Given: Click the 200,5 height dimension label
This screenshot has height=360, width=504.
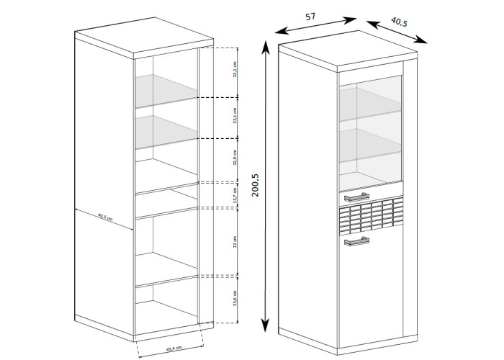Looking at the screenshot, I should (x=256, y=185).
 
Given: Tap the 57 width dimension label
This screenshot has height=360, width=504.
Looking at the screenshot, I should (x=310, y=17).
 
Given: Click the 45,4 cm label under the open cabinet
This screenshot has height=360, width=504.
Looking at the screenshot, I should (x=173, y=349).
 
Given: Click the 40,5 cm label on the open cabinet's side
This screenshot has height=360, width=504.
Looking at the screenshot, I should (x=107, y=218).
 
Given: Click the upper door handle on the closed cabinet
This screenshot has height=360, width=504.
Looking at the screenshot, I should (x=356, y=197).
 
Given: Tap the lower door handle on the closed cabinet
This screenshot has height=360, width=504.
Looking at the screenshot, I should (x=356, y=243).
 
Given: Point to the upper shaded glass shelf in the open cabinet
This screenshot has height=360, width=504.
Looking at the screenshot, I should (x=166, y=86).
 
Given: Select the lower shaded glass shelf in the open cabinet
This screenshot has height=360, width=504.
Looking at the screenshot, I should (x=166, y=130).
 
